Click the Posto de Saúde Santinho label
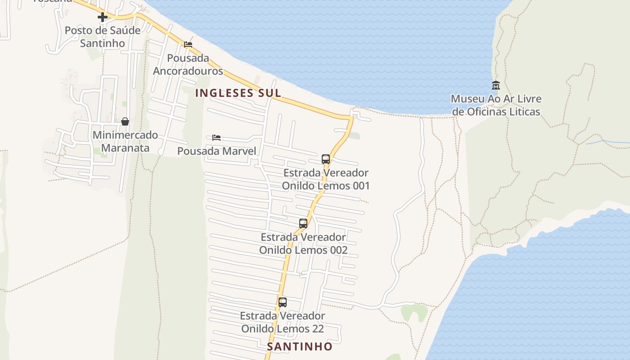coord(103,37)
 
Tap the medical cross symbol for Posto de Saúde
coord(103,17)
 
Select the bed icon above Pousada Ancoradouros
coord(188,45)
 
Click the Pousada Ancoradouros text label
coord(188,64)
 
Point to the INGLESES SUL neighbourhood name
coord(238,93)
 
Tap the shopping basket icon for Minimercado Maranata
coord(125,121)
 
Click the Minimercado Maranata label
coord(125,141)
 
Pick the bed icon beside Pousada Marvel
coord(216,138)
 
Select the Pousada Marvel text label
coord(216,151)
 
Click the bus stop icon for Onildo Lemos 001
coord(326,159)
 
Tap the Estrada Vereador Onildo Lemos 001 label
coord(326,179)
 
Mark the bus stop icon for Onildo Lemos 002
coord(303,224)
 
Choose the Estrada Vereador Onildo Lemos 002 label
coord(303,243)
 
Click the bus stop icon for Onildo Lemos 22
coord(283,302)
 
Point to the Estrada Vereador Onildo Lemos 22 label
coord(283,322)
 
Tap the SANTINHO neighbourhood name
coord(300,346)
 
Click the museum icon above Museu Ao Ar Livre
coord(496,85)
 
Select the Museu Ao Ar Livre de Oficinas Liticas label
coord(496,105)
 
